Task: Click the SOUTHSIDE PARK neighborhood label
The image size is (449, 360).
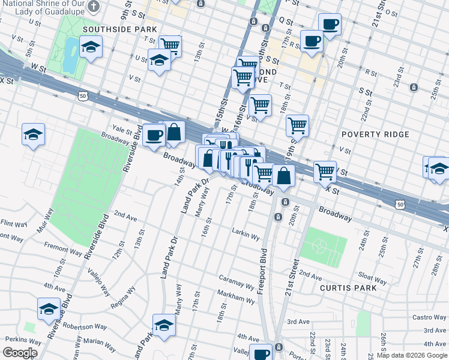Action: point(119,29)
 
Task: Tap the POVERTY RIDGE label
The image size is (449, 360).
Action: point(375,134)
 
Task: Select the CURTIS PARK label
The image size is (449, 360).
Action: point(348,288)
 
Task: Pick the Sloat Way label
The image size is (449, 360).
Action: point(372,278)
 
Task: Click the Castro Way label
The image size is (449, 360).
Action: point(429,317)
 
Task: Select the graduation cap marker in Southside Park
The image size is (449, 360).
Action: point(91,46)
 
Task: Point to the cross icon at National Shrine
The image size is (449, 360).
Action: point(93,6)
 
